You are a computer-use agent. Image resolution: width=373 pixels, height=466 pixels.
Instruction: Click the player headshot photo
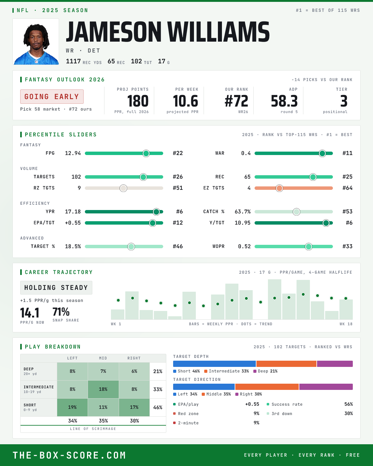click(36, 42)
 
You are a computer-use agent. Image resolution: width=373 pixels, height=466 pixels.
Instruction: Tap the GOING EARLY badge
click(52, 97)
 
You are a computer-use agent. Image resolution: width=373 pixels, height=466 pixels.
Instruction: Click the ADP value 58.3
click(284, 101)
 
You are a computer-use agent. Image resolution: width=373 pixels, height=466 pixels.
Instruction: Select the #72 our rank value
click(236, 101)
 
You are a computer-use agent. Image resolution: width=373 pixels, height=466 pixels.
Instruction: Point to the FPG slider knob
click(146, 153)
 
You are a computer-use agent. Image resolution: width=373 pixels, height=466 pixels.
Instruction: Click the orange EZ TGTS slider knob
click(279, 188)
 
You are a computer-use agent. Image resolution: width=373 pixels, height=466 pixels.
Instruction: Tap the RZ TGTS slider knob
click(123, 188)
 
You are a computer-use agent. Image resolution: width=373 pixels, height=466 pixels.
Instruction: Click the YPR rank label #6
click(179, 212)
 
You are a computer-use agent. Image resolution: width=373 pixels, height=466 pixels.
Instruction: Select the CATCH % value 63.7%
click(242, 212)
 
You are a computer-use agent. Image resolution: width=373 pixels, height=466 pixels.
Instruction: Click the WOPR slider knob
click(308, 246)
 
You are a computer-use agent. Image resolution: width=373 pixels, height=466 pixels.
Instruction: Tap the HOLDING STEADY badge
click(56, 288)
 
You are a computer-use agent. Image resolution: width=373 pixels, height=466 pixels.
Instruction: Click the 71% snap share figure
click(61, 312)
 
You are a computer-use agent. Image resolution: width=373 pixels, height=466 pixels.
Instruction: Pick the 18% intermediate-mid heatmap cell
click(103, 389)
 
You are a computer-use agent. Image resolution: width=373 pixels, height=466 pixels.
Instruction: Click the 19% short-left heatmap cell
click(72, 407)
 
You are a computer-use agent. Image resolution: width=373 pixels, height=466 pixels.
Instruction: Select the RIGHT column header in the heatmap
click(134, 358)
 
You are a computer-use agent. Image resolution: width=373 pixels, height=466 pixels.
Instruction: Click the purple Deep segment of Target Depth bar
click(335, 364)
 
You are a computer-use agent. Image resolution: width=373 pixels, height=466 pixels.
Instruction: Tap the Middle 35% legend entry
click(216, 394)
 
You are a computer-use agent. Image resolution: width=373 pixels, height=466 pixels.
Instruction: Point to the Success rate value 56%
click(348, 404)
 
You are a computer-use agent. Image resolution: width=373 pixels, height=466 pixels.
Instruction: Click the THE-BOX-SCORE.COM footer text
click(69, 455)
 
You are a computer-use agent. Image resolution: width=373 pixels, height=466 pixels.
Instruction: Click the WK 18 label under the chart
click(346, 324)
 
